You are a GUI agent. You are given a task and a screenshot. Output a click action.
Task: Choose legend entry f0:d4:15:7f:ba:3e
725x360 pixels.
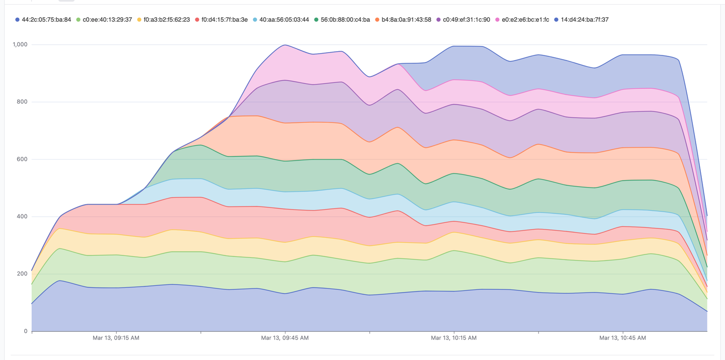click(x=225, y=20)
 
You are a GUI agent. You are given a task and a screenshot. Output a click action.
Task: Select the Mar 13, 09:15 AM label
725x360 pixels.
click(x=116, y=338)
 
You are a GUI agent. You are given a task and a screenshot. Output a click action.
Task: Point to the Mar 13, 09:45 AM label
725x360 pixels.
click(x=285, y=338)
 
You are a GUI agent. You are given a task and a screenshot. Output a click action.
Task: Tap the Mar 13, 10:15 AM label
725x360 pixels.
click(x=453, y=338)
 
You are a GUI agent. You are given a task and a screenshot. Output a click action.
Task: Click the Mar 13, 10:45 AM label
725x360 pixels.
click(x=622, y=338)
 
